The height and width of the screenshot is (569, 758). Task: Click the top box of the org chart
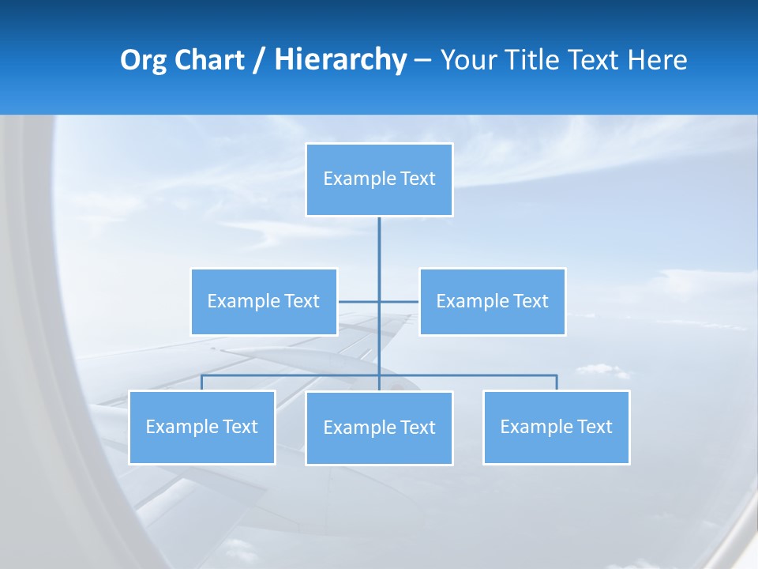tap(379, 179)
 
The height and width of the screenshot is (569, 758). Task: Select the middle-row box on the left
tap(264, 301)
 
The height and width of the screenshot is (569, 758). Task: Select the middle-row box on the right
tap(492, 301)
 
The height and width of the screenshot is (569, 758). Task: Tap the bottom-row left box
tap(202, 427)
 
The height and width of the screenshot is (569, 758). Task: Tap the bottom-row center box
tap(379, 428)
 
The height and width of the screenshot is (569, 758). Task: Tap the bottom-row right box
tap(557, 427)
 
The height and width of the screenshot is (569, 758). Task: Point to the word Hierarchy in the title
tap(340, 60)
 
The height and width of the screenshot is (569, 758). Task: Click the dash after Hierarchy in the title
tap(422, 60)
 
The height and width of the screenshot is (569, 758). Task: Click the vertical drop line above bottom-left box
tap(202, 383)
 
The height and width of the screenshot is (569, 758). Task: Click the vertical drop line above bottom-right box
tap(557, 383)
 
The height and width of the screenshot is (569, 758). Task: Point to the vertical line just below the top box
tap(379, 241)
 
